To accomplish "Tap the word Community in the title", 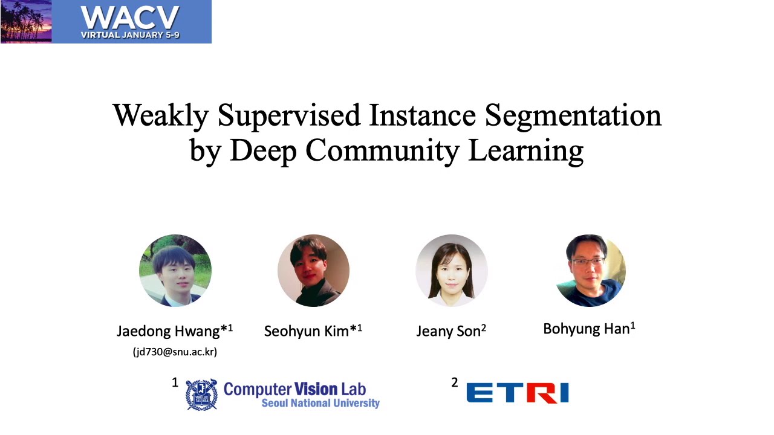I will click(382, 150).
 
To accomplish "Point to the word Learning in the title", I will click(525, 150).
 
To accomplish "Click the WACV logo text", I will click(130, 18).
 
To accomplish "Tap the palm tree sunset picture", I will click(26, 22).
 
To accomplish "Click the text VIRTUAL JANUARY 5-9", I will click(130, 35).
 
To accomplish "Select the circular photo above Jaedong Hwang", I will click(175, 271).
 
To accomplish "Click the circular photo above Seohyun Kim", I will click(313, 271).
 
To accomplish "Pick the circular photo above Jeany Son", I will click(451, 271).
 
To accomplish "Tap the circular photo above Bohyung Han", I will click(590, 271).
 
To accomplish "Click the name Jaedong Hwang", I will click(169, 331).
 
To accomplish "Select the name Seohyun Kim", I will click(307, 331).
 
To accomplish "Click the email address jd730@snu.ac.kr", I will click(175, 352).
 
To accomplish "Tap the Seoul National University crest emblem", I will click(201, 395).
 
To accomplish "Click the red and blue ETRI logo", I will click(518, 393).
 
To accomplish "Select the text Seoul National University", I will click(320, 404).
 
